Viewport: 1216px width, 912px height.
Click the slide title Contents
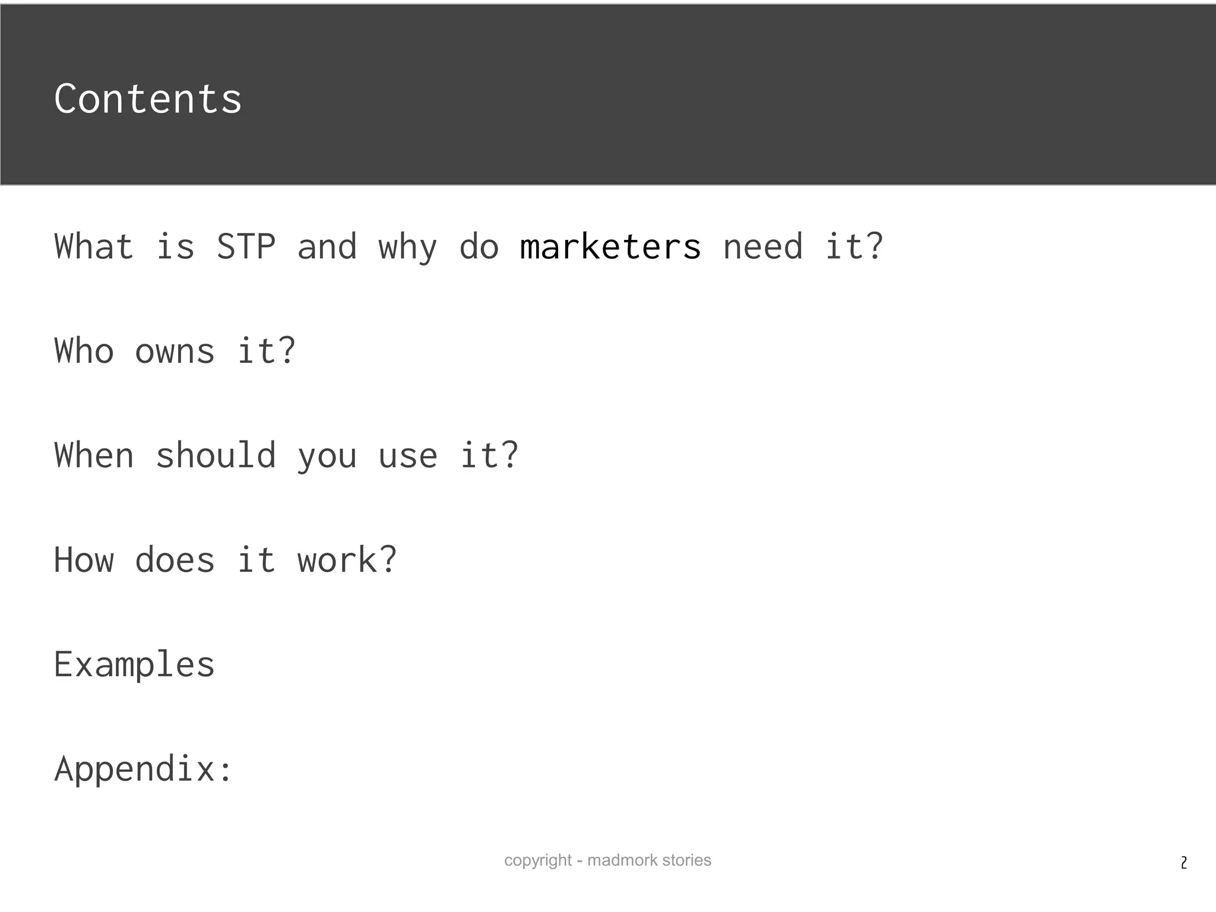coord(148,99)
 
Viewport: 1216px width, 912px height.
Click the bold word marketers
coord(610,247)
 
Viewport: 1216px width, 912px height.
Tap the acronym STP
coord(246,247)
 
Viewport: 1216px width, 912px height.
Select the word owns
coord(175,351)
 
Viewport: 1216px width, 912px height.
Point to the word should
coord(216,455)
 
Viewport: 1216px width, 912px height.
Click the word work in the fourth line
coord(347,560)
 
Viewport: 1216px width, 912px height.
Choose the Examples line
coord(134,664)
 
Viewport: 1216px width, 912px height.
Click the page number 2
coord(1184,863)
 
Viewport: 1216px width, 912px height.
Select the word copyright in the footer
coord(538,860)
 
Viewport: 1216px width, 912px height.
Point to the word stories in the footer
coord(686,860)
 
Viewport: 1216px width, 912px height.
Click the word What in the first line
coord(94,247)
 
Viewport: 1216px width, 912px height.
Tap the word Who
coord(84,351)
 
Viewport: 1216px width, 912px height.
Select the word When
coord(94,455)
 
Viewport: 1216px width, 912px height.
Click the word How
coord(84,560)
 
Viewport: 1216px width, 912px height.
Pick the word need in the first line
coord(763,247)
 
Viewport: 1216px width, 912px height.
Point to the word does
coord(175,560)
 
